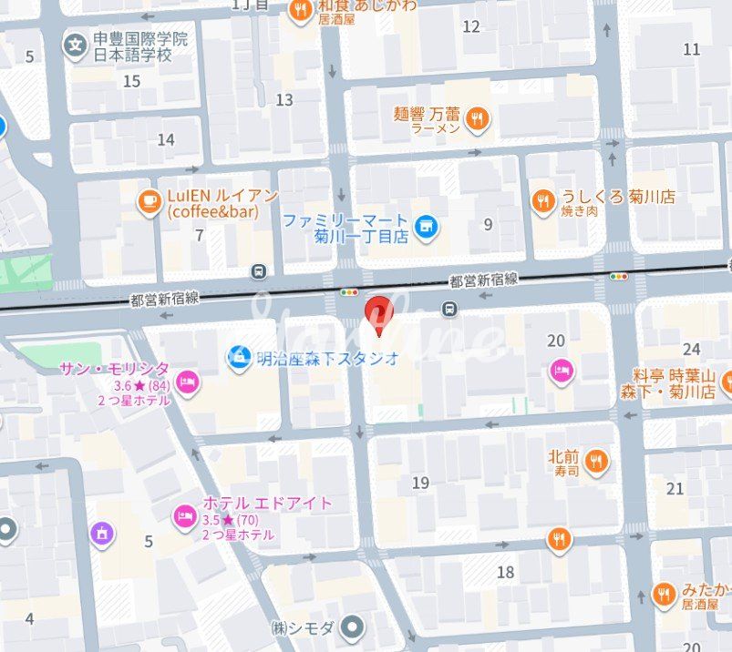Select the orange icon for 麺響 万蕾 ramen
coord(477,117)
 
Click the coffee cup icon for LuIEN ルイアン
coord(149,202)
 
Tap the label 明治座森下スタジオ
coord(326,358)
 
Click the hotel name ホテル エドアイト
coord(267,503)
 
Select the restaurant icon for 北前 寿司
coord(597,461)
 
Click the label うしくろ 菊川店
coord(618,196)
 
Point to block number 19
coord(420,483)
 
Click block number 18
coord(506,572)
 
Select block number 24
coord(692,349)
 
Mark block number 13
coord(284,99)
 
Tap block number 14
coord(166,139)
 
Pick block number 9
coord(489,223)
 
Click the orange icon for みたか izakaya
coord(665,595)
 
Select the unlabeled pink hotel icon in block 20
coord(562,370)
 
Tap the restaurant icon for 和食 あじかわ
coord(300,11)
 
